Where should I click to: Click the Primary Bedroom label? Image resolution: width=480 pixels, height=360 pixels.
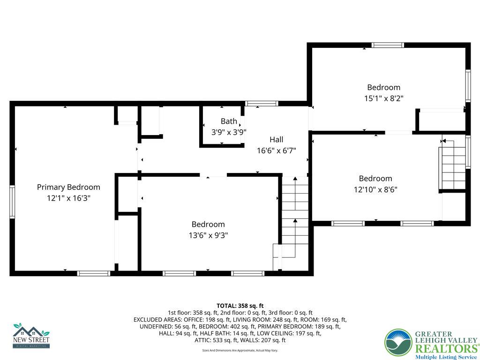68,187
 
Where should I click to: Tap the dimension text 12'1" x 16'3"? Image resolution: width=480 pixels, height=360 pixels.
68,198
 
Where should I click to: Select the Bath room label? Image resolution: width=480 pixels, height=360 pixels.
229,121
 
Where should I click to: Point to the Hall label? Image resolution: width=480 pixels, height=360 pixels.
276,139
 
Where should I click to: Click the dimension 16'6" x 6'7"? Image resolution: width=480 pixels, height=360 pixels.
276,151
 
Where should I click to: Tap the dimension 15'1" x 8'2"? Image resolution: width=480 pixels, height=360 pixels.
383,98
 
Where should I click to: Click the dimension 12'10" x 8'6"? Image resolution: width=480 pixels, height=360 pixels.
375,190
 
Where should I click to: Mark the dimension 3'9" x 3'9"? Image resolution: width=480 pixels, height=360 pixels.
229,133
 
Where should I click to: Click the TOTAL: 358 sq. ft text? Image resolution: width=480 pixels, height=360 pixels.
240,306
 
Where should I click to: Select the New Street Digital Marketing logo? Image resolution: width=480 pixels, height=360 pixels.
31,336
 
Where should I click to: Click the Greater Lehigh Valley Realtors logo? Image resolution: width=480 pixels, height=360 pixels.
431,344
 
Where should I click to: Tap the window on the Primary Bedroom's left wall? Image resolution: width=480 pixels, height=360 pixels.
12,202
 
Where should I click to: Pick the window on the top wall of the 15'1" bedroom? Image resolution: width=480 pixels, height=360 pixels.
388,45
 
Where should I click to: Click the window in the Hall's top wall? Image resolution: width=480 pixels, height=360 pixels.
262,104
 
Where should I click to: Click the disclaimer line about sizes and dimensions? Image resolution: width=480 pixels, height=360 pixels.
240,350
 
